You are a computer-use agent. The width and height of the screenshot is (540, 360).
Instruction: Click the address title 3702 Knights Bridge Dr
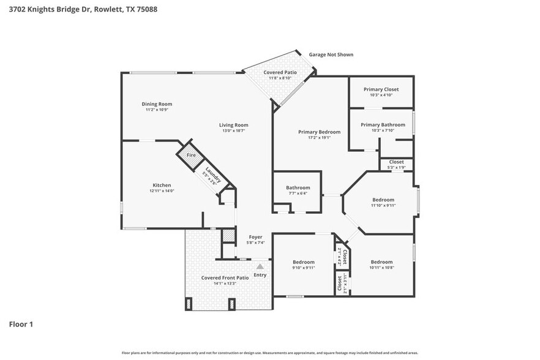[x=79, y=9]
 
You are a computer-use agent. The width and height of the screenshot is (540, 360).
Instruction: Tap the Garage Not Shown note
[x=331, y=54]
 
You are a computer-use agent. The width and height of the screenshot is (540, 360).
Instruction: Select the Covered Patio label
[x=280, y=73]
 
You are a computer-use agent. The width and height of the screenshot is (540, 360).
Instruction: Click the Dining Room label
[x=157, y=104]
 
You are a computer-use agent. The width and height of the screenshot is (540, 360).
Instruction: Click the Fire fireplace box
[x=191, y=156]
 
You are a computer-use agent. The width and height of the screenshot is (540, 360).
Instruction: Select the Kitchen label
[x=162, y=185]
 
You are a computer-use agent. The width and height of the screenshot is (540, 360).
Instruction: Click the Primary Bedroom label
[x=319, y=132]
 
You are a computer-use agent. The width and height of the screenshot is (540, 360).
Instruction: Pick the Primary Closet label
[x=381, y=89]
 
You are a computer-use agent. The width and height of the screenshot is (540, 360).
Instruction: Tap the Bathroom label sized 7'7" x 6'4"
[x=298, y=188]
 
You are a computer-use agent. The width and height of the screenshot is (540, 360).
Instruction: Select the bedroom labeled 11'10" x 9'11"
[x=383, y=200]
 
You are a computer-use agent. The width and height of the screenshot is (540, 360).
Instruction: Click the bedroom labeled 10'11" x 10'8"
[x=381, y=262]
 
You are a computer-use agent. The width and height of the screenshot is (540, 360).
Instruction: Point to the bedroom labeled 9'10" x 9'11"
[x=303, y=262]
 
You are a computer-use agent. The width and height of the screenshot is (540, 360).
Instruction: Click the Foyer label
[x=255, y=237]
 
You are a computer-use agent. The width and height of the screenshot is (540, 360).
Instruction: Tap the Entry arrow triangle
[x=260, y=266]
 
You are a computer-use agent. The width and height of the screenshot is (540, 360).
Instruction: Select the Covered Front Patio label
[x=225, y=278]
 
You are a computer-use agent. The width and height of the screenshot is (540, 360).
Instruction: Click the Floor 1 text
[x=20, y=324]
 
